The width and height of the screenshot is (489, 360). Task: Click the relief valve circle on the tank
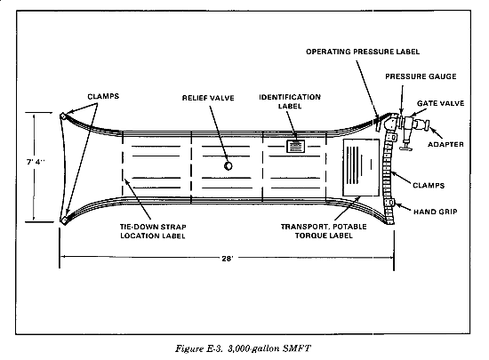click(x=228, y=165)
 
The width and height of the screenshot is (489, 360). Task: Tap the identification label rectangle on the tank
click(x=296, y=146)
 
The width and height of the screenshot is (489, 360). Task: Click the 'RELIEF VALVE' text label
click(x=208, y=98)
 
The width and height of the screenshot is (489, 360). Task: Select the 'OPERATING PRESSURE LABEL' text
click(x=363, y=52)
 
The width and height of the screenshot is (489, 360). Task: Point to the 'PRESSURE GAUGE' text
click(x=421, y=76)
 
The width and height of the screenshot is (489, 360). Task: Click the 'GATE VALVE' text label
click(x=441, y=103)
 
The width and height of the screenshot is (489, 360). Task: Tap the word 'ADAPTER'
click(x=445, y=144)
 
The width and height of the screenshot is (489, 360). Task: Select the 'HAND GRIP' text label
click(x=436, y=212)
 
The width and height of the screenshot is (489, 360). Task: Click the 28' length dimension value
click(x=228, y=259)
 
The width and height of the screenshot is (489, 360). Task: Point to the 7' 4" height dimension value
click(x=36, y=162)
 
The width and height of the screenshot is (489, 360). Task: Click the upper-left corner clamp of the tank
click(x=63, y=116)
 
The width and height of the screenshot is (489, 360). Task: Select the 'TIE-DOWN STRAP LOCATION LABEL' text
click(x=153, y=231)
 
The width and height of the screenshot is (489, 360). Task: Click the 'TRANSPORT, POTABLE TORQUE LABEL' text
click(x=324, y=231)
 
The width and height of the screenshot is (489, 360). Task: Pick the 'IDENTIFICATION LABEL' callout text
click(x=290, y=101)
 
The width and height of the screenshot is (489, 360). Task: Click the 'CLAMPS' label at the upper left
click(x=103, y=96)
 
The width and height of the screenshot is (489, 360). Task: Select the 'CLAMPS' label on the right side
click(x=429, y=186)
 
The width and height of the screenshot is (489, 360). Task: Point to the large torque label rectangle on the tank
click(x=361, y=168)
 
